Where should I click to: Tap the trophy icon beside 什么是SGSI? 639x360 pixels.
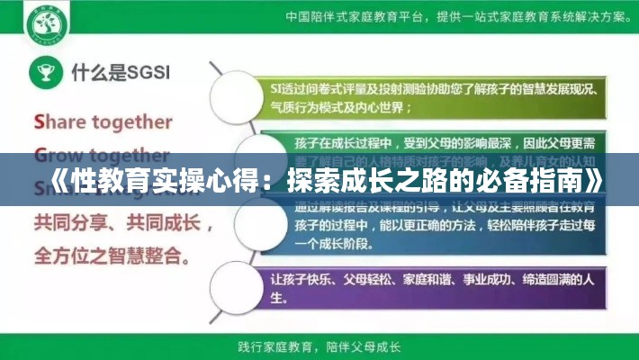tap(42, 71)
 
